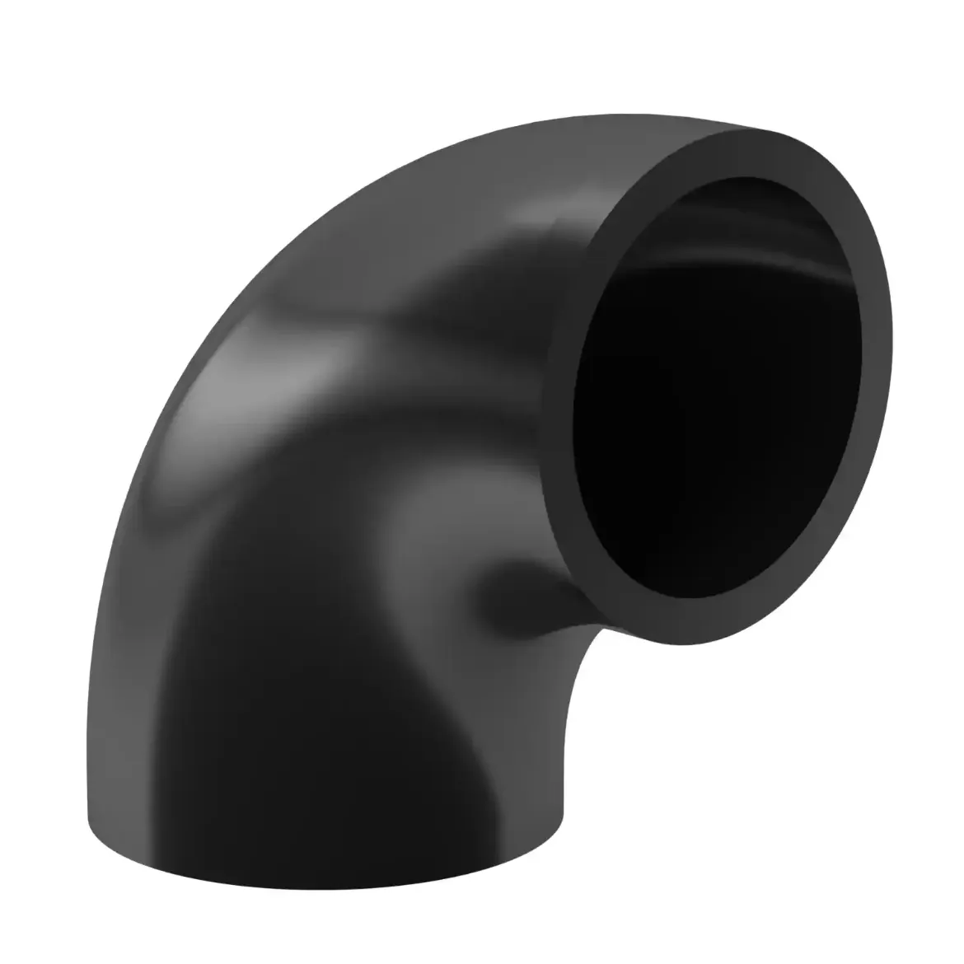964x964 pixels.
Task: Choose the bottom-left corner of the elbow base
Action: coord(89,812)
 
